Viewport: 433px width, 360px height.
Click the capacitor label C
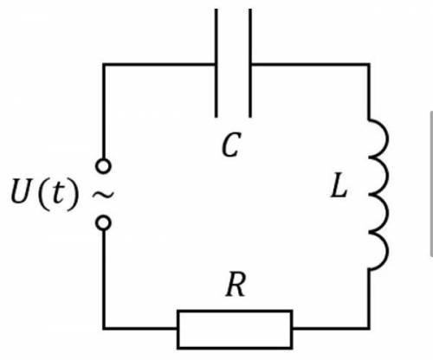(x=231, y=145)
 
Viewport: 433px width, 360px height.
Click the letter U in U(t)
(x=21, y=191)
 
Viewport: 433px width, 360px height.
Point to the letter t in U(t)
(x=57, y=192)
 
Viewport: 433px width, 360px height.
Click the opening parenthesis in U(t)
(x=43, y=192)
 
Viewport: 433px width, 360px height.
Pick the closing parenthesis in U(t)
(x=73, y=192)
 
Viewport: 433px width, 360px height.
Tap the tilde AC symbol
(x=103, y=195)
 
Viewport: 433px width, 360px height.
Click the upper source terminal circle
(x=103, y=166)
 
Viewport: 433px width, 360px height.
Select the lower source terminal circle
(x=103, y=223)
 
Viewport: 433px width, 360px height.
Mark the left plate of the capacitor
(x=216, y=63)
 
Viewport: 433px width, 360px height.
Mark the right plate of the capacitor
(x=250, y=63)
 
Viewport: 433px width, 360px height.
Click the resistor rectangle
(x=235, y=330)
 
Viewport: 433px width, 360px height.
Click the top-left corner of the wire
(x=104, y=64)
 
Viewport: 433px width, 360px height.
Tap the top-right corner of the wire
(x=369, y=64)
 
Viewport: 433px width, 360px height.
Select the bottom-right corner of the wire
(x=369, y=328)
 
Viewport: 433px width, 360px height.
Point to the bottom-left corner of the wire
(x=104, y=328)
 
